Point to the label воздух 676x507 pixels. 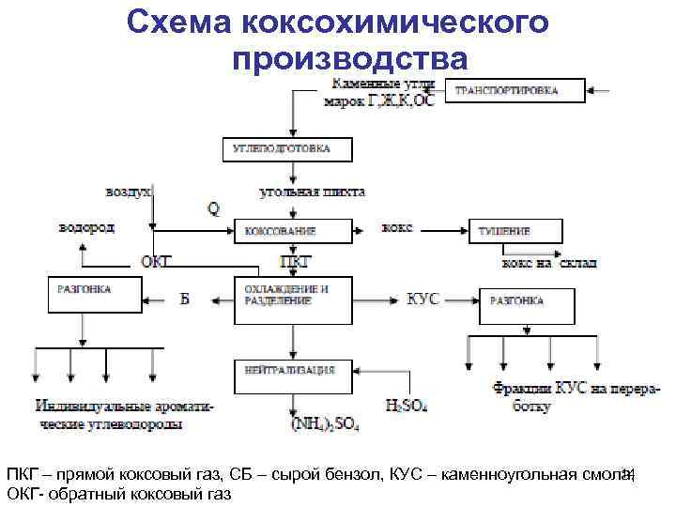[129, 191]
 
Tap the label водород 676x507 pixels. [86, 227]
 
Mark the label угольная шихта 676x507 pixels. [313, 192]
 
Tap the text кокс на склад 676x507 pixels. [549, 263]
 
